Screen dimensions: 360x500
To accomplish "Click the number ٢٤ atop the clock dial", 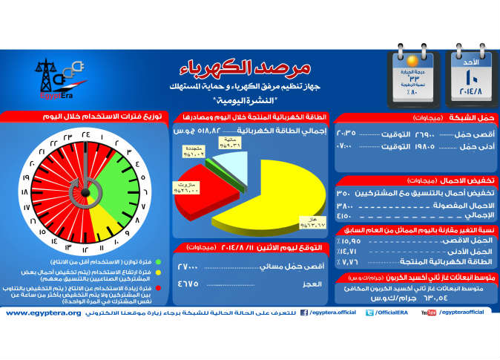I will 85,136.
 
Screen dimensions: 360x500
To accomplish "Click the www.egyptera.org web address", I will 43,312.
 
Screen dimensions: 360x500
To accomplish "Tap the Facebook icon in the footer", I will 303,313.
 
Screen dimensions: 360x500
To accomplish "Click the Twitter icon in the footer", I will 368,313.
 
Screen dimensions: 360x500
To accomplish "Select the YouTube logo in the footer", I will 429,313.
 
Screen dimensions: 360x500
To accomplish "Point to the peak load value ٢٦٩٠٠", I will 432,134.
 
